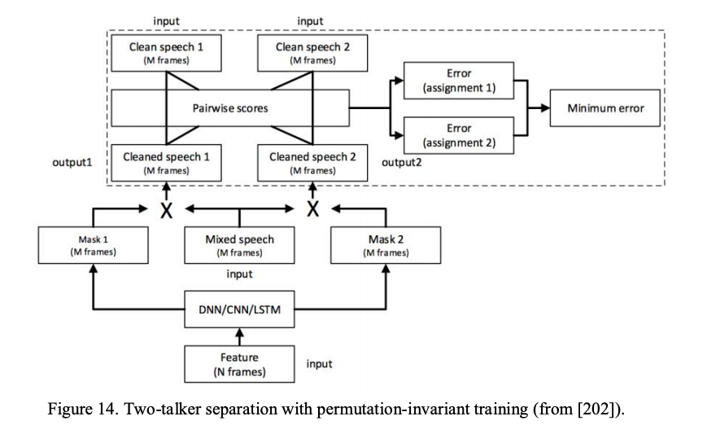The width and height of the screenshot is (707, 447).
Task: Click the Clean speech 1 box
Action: point(166,53)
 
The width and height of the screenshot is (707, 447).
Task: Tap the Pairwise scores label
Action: point(229,107)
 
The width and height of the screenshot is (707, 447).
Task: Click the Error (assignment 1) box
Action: point(459,81)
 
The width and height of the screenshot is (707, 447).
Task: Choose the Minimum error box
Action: point(605,107)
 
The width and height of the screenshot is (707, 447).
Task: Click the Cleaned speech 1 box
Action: point(166,163)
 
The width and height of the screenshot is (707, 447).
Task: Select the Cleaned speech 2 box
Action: point(312,163)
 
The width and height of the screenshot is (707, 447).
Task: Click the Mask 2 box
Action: point(386,245)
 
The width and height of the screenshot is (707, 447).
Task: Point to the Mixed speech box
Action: point(239,245)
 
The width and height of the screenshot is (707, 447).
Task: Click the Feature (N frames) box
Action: point(239,363)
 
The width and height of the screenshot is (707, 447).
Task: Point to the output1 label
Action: point(72,162)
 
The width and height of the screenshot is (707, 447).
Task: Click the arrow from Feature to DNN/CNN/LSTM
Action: point(239,335)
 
